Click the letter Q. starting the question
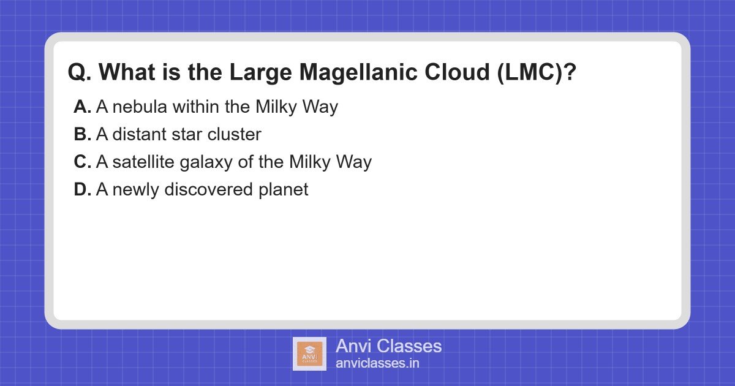pos(80,74)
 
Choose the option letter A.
pos(82,107)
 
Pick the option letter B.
pos(82,135)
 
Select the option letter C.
pos(82,162)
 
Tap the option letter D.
pos(82,190)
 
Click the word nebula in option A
pos(140,107)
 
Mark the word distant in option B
pos(139,135)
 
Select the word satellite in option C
pos(140,162)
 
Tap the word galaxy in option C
pos(206,163)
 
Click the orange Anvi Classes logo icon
pos(309,354)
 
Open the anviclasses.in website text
pos(377,363)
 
